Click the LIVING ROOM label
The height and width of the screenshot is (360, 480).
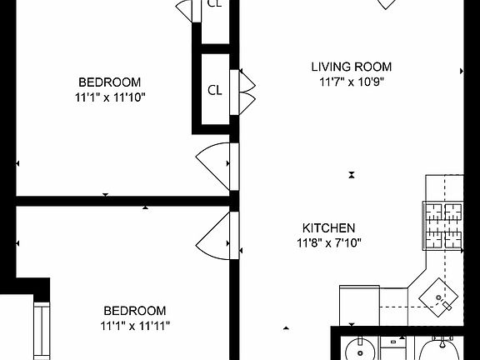tap(351, 67)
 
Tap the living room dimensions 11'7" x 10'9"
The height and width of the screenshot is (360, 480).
tap(351, 82)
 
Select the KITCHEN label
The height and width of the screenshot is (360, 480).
tap(328, 227)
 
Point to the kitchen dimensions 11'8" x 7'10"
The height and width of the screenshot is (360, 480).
tap(328, 243)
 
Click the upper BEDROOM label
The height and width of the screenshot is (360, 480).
tap(109, 82)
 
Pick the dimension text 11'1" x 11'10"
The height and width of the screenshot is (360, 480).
tap(109, 97)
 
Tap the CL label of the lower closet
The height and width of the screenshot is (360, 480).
tap(214, 90)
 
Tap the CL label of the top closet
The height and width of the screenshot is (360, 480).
tap(214, 3)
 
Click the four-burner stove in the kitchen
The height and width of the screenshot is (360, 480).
tap(444, 227)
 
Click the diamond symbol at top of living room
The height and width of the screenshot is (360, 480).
tap(385, 4)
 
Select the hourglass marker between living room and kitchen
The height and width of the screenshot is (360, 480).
tap(352, 175)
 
